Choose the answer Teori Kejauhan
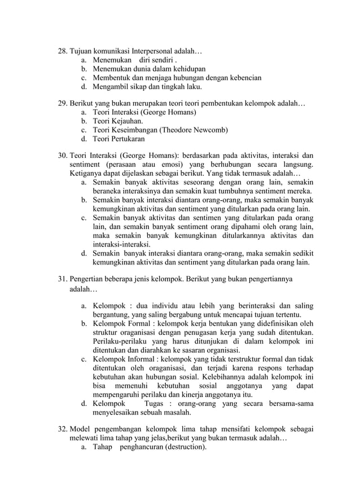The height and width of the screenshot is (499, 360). pyautogui.click(x=118, y=121)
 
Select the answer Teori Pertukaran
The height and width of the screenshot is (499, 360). pyautogui.click(x=118, y=139)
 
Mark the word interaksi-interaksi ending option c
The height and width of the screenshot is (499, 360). pyautogui.click(x=121, y=245)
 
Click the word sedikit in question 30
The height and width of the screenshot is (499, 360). pyautogui.click(x=301, y=253)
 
